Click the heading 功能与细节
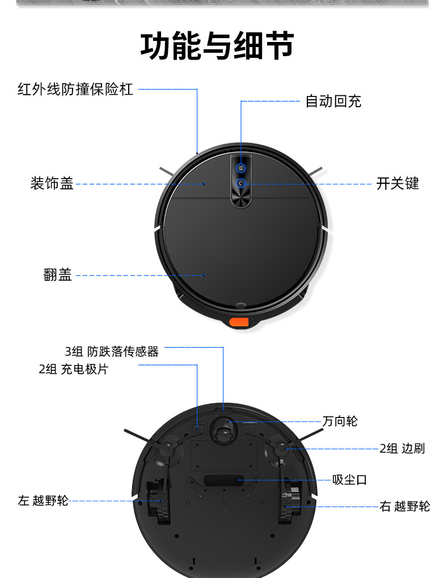217,47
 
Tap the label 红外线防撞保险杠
75,90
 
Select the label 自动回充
333,102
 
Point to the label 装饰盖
52,184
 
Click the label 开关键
398,184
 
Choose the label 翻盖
58,276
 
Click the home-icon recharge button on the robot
241,168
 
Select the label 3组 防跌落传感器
112,352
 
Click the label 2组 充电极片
73,369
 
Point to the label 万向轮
340,421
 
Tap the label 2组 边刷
401,449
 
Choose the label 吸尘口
349,480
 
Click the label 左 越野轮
43,501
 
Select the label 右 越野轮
404,507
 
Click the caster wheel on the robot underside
223,429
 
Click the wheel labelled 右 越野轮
289,501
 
